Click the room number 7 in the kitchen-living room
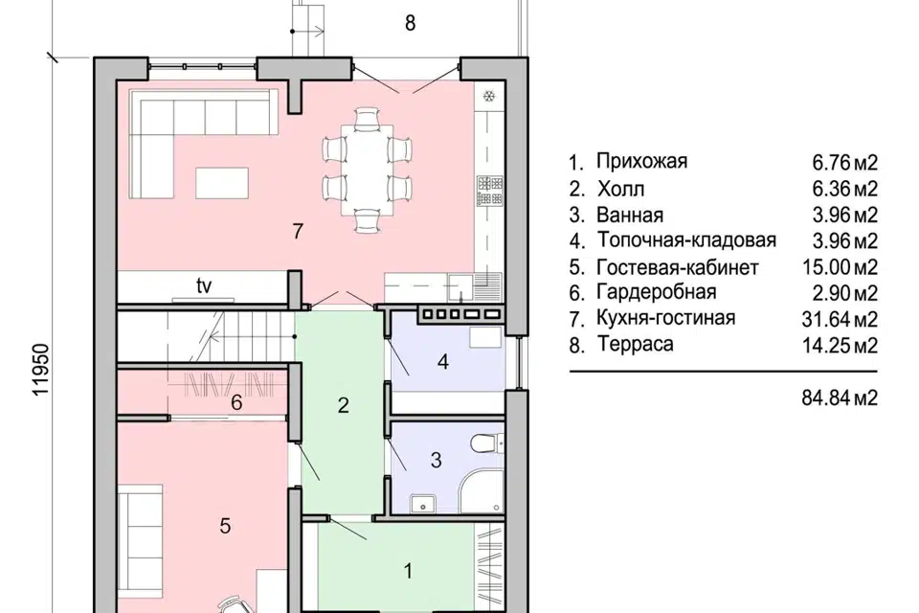pos(298,231)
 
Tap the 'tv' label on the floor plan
pos(203,285)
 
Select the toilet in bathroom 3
pos(485,443)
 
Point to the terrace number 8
pos(410,24)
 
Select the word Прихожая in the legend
pos(641,161)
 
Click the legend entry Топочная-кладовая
pos(686,240)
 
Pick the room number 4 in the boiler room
pos(442,363)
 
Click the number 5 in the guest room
pos(225,525)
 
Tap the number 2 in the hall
pos(343,405)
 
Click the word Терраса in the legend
pos(633,344)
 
